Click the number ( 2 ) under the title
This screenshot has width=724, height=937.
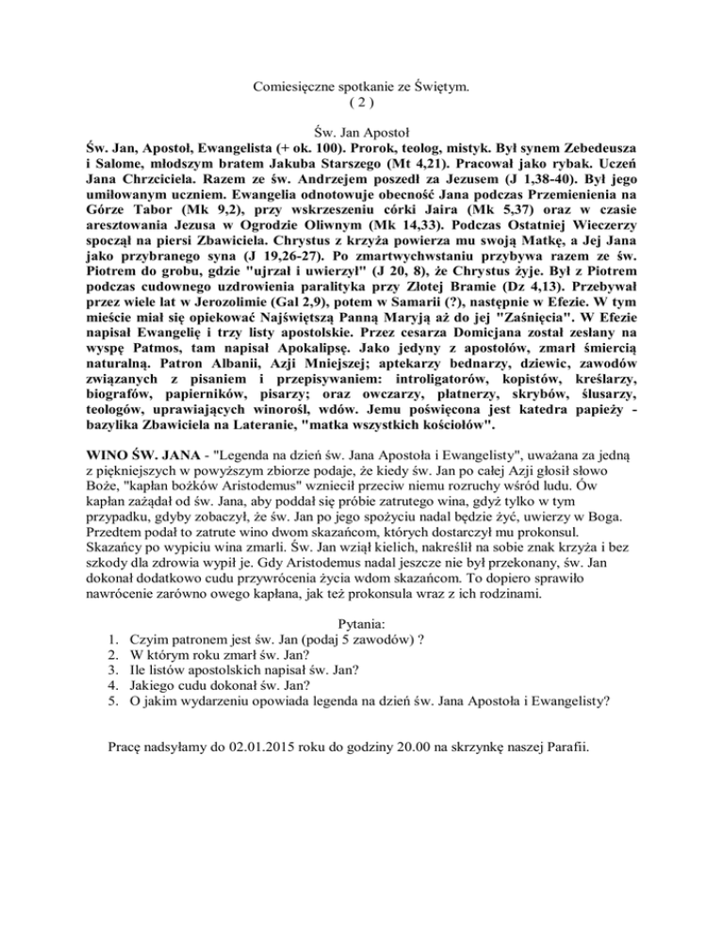[x=363, y=104]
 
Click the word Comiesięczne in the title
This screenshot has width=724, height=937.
[x=295, y=87]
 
